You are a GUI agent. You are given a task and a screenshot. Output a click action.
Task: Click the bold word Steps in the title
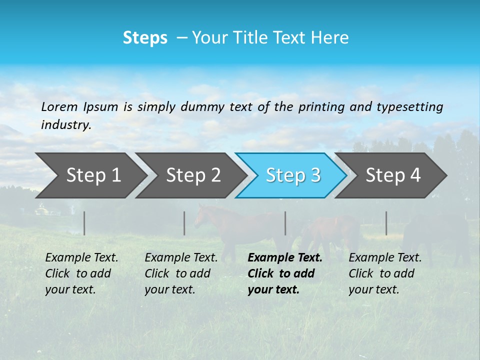[145, 38]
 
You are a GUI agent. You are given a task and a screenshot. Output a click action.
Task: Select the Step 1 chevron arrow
[90, 175]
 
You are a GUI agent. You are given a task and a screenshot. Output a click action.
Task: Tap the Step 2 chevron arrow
[190, 175]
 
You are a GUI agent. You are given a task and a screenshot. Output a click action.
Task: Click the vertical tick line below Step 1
[84, 223]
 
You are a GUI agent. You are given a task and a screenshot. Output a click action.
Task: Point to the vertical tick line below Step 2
[184, 223]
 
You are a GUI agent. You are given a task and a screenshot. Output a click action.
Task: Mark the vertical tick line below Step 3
[285, 223]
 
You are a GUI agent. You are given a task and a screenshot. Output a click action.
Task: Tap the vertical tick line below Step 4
[386, 223]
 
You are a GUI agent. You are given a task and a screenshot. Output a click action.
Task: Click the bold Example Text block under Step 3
[285, 273]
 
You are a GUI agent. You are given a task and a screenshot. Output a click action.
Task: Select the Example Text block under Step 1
[81, 273]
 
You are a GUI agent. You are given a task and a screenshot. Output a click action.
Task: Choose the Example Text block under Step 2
[181, 273]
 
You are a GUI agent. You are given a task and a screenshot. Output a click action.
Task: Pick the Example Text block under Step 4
[385, 273]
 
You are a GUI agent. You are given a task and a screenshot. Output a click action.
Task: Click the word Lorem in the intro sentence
[59, 106]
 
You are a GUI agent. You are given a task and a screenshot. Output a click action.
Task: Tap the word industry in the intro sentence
[66, 125]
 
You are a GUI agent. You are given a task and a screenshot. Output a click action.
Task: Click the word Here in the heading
[330, 38]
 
